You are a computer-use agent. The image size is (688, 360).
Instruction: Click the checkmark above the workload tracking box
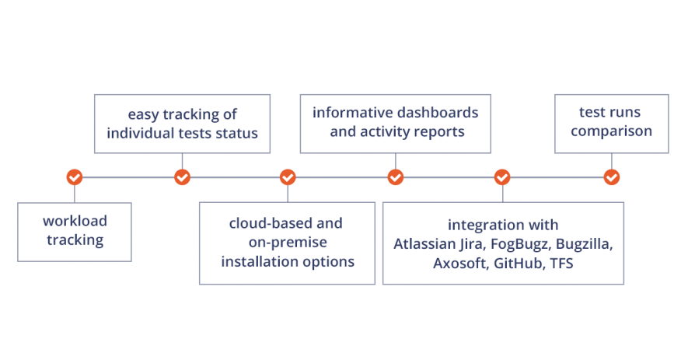75,177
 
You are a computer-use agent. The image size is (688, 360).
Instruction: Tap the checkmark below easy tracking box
182,177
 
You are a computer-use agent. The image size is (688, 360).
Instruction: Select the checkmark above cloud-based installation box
288,177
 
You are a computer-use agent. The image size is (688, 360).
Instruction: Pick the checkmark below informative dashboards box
396,177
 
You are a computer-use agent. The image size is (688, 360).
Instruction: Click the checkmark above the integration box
502,177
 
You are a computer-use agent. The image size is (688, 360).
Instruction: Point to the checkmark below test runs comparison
612,177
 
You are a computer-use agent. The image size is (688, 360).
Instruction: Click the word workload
75,221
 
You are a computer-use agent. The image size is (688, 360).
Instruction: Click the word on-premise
288,243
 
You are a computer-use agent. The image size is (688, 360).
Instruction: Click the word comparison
611,131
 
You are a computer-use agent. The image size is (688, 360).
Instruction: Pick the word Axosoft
461,264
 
